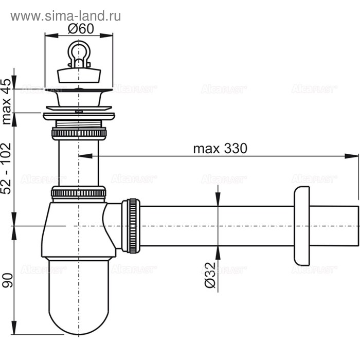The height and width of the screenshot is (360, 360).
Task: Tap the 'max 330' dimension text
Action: (x=220, y=149)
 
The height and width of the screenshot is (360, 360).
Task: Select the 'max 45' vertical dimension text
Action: (x=7, y=102)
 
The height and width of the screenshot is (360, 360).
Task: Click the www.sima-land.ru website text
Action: (x=66, y=16)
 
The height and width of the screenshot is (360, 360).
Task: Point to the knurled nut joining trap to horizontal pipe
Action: (x=132, y=225)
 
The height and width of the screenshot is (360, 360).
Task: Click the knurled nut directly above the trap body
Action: (x=79, y=193)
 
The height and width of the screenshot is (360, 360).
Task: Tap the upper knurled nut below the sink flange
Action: (x=79, y=133)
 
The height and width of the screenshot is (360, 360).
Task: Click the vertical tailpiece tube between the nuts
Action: (x=79, y=162)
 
